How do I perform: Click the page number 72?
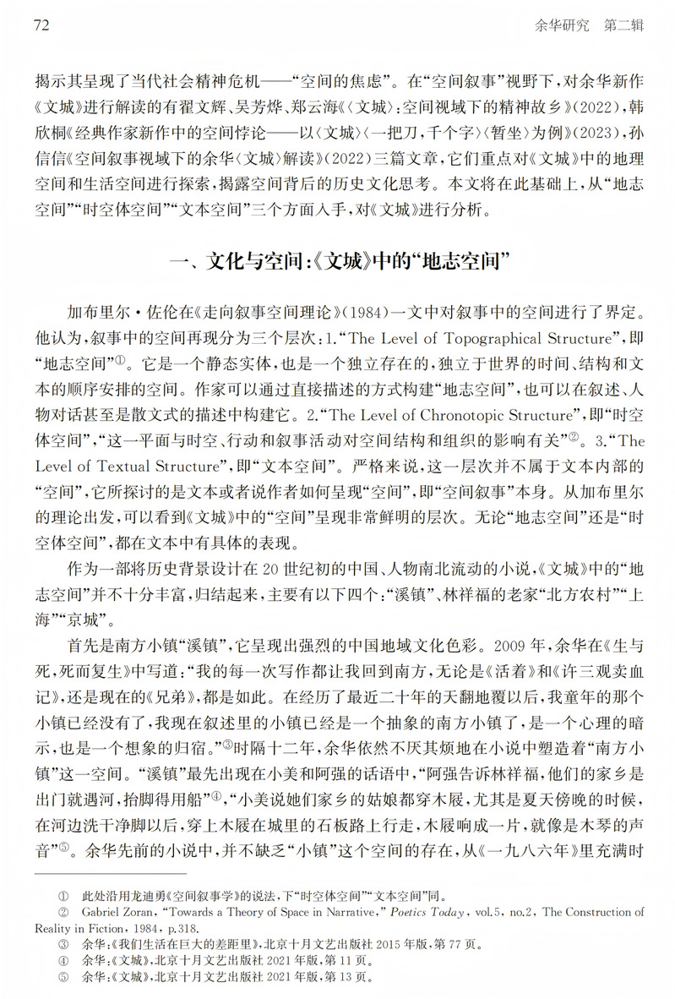click(41, 25)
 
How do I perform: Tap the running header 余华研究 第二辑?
click(589, 25)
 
